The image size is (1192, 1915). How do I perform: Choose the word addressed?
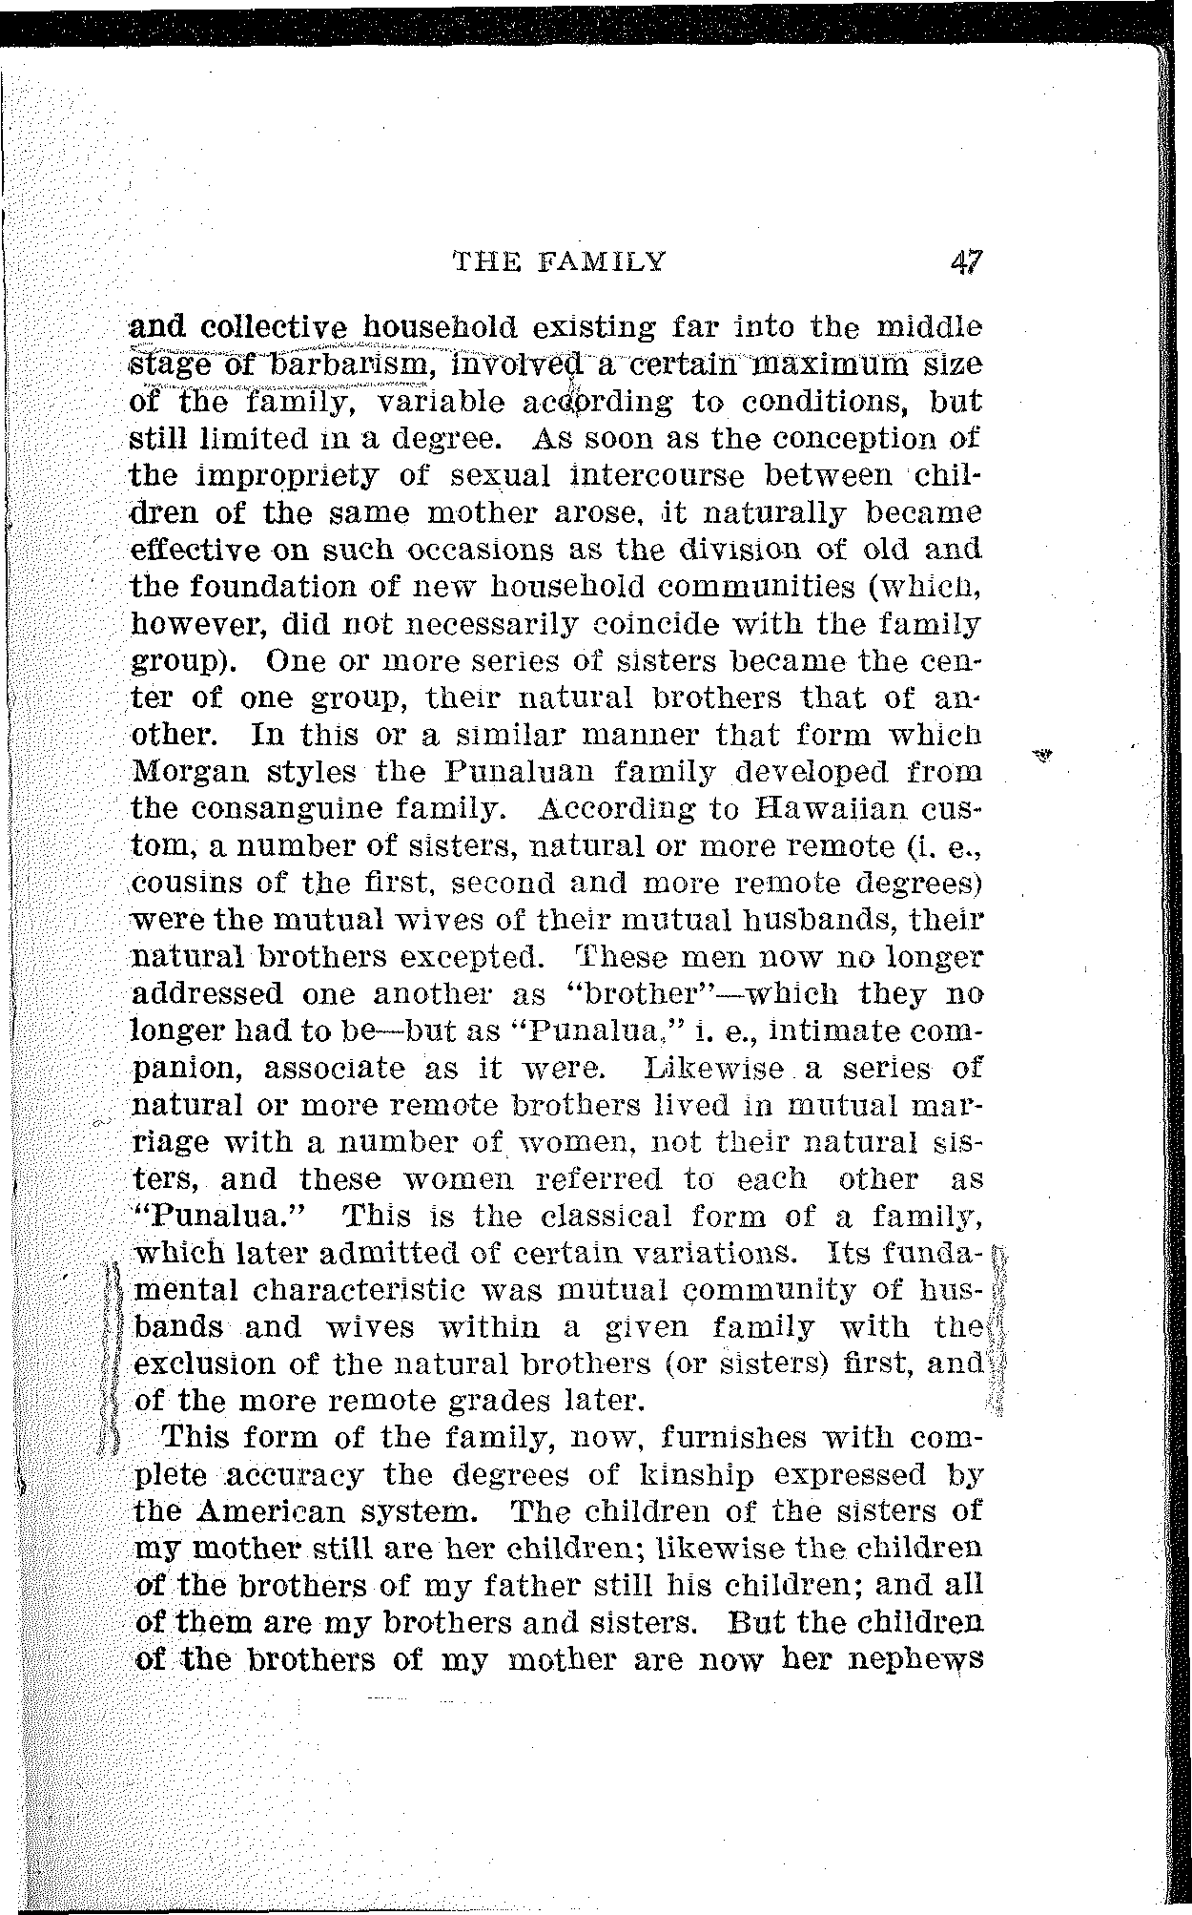[207, 994]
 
